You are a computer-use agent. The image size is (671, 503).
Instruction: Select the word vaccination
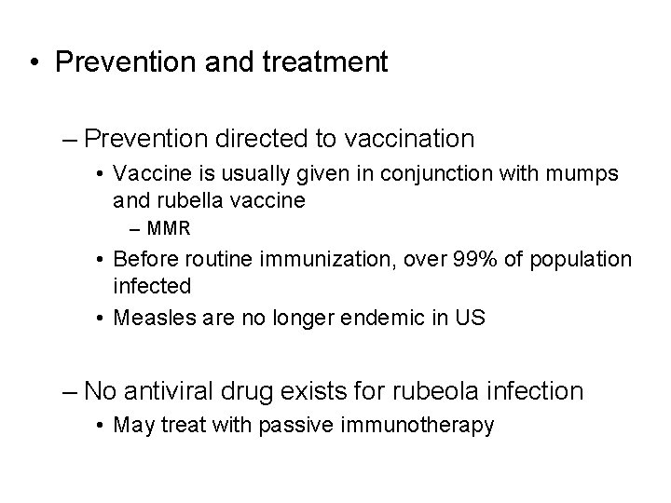tap(410, 140)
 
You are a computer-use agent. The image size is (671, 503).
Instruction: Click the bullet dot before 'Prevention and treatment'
tap(34, 63)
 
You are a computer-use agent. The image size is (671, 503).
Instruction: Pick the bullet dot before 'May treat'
tap(101, 427)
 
